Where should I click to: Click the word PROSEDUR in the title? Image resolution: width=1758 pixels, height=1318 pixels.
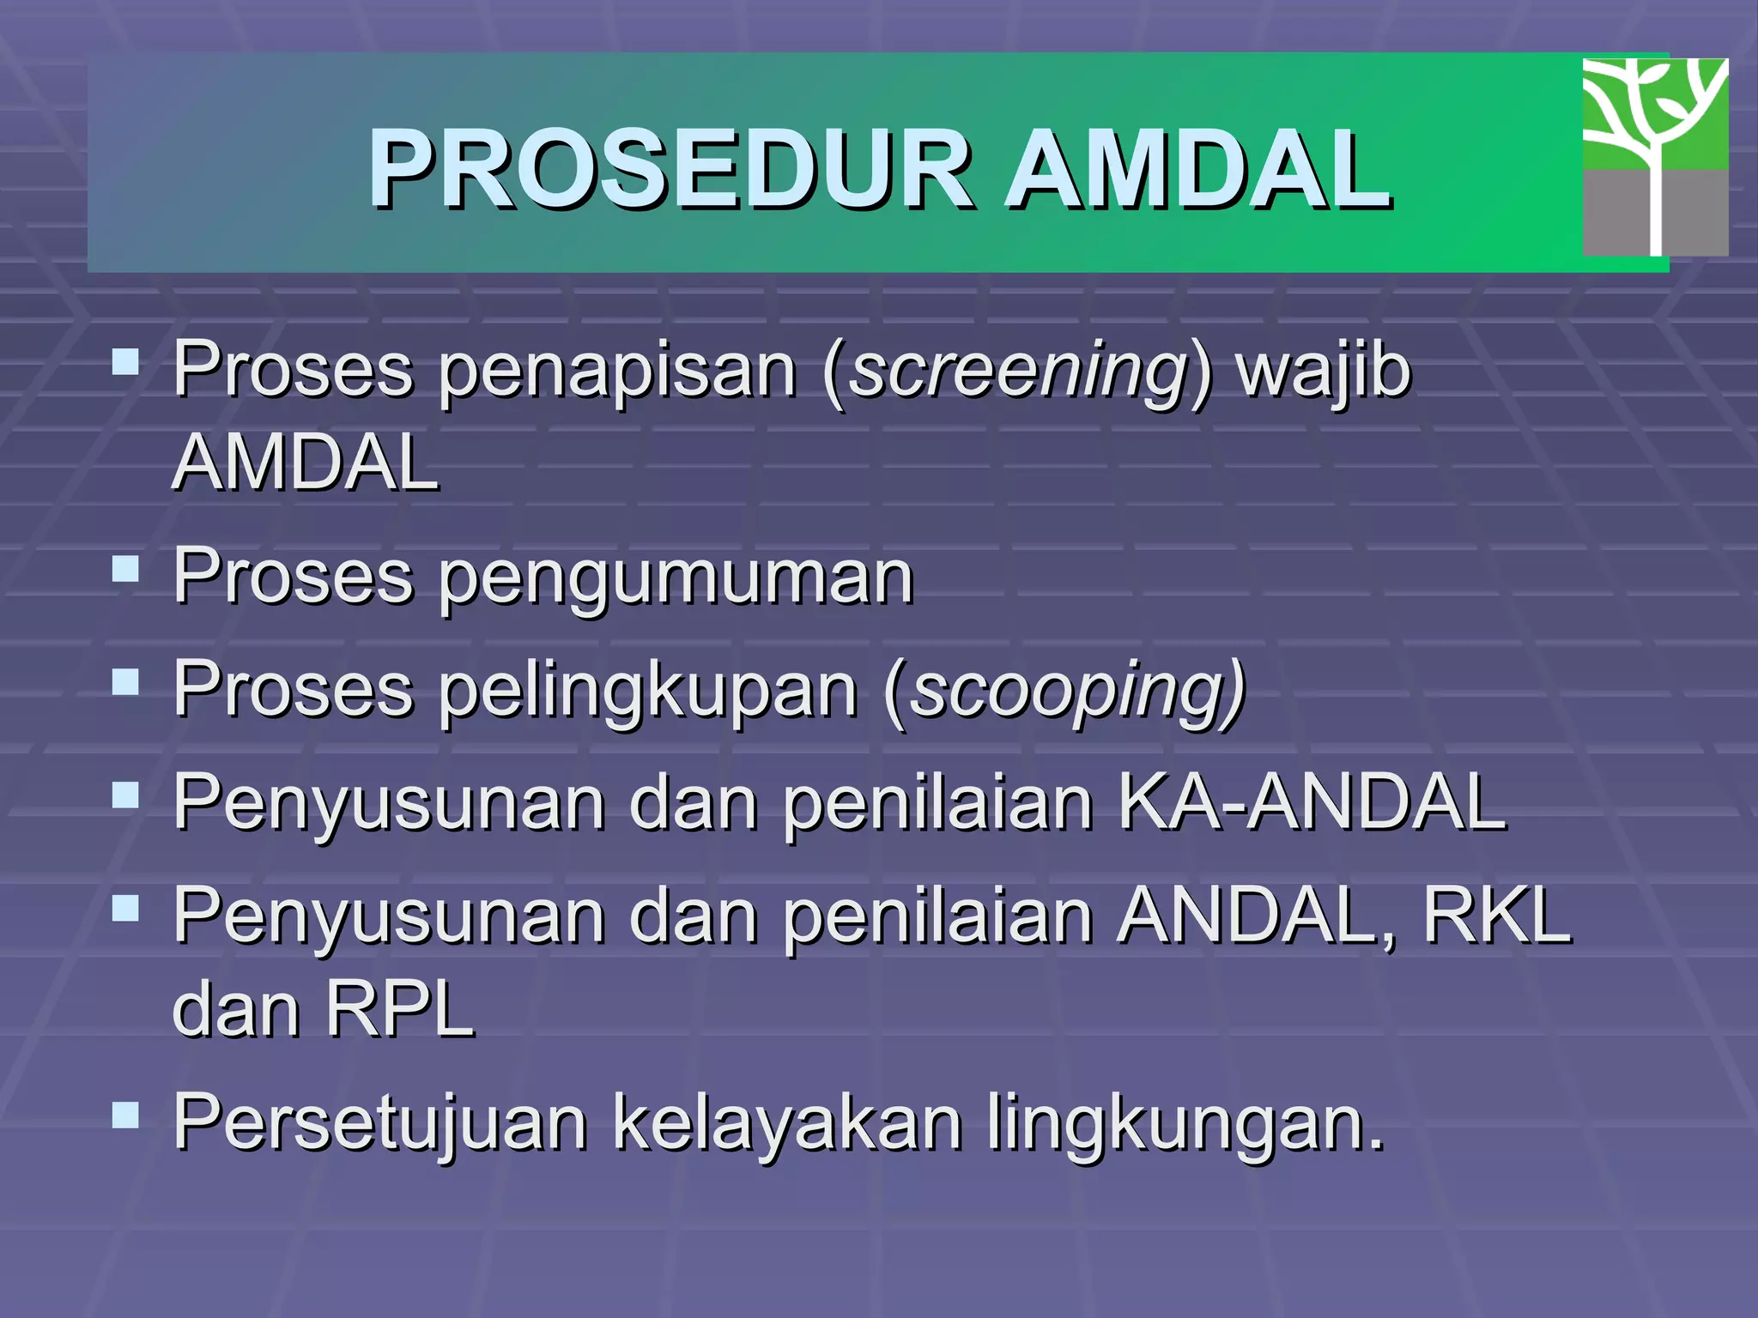click(x=670, y=169)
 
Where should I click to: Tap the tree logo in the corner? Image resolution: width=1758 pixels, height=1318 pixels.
click(x=1655, y=157)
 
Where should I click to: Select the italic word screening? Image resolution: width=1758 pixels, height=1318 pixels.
click(x=1018, y=372)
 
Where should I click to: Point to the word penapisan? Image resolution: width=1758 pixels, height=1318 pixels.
click(x=617, y=372)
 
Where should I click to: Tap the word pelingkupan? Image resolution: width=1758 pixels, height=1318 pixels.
click(x=648, y=692)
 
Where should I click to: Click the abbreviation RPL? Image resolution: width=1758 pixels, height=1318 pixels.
click(x=399, y=1010)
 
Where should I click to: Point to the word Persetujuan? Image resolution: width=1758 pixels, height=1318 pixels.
click(x=380, y=1122)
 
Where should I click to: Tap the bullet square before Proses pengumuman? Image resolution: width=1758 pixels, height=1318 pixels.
click(x=125, y=568)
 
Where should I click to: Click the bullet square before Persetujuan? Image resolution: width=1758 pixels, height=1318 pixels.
click(x=125, y=1115)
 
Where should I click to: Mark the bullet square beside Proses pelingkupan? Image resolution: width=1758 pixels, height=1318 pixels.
click(x=125, y=681)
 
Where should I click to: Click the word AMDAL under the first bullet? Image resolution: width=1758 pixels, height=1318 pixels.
click(x=306, y=463)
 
